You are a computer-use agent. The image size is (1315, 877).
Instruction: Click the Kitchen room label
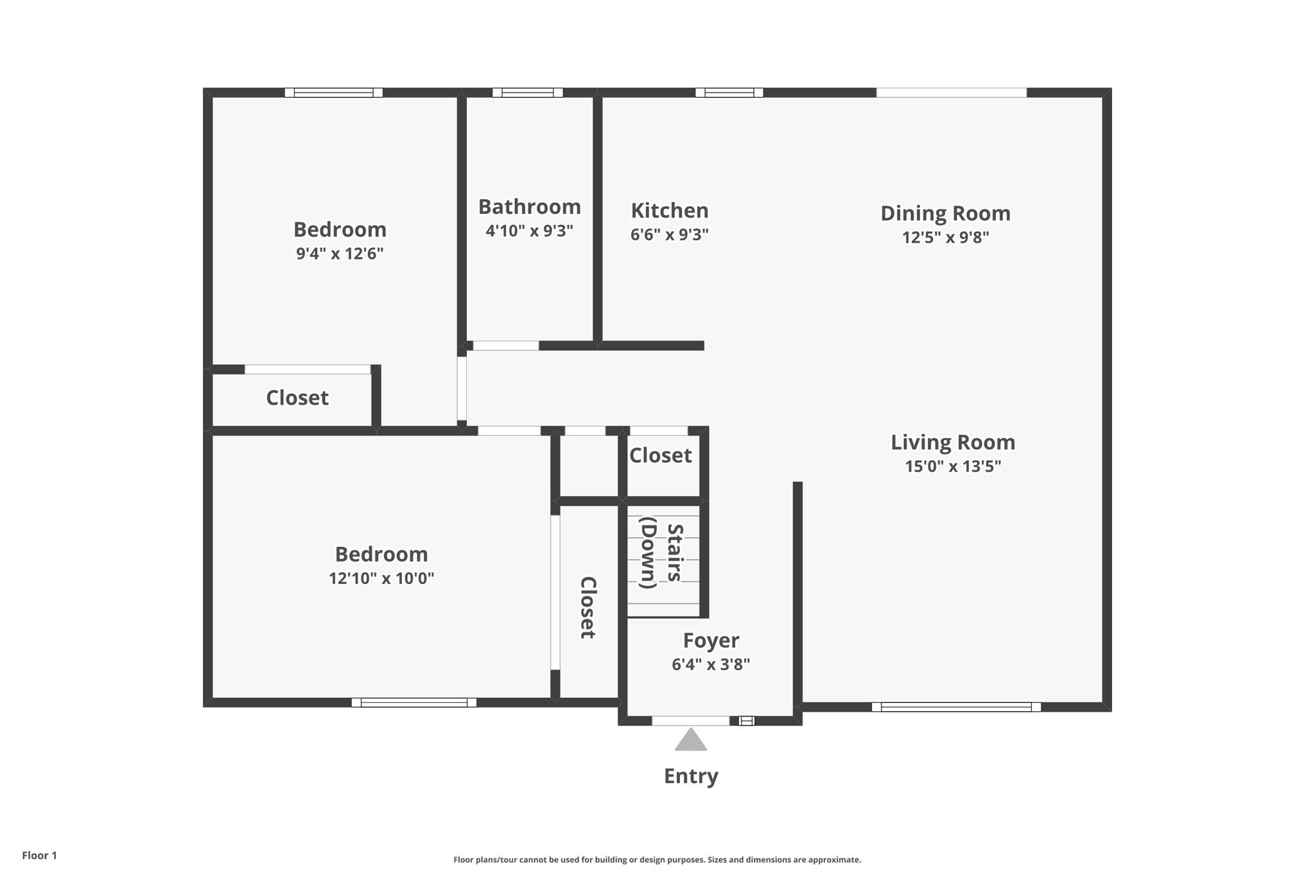(669, 211)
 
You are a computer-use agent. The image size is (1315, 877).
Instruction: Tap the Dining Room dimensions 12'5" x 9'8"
(945, 237)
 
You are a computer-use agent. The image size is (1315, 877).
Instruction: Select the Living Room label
(953, 442)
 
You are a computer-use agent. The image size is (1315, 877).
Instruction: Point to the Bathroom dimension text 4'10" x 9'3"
(529, 231)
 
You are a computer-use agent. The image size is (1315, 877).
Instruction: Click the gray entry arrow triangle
(691, 741)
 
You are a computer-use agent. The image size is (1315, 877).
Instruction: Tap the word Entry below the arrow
(691, 776)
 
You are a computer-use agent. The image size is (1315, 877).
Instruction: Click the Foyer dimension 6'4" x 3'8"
(711, 664)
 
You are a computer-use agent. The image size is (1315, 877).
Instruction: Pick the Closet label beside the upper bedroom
(297, 398)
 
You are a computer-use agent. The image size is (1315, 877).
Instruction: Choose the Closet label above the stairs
(660, 456)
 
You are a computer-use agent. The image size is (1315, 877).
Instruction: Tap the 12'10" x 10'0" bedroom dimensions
(381, 578)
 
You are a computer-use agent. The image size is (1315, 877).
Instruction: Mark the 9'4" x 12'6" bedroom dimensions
(340, 253)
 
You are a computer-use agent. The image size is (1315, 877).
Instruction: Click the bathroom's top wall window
(528, 93)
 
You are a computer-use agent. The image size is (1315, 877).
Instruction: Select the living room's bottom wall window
(956, 707)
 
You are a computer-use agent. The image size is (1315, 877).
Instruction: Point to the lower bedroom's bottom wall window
(414, 702)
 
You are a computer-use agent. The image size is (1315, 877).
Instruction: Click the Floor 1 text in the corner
(40, 855)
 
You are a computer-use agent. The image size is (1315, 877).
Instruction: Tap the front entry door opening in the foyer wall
(691, 721)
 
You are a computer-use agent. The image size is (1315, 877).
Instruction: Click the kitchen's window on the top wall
(729, 93)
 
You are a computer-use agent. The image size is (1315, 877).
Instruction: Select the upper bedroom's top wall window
(334, 93)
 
